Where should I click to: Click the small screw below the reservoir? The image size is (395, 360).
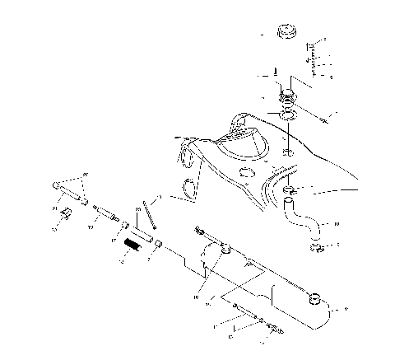coord(239,311)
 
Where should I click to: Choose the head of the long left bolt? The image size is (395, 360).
coord(58,185)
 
